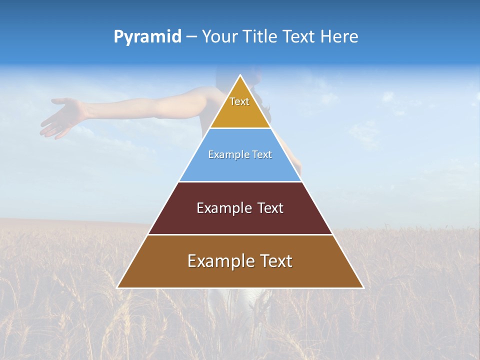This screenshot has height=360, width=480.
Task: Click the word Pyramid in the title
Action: (x=147, y=37)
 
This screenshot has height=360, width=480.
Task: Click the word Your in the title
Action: (x=218, y=37)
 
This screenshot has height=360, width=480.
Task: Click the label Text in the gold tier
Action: (x=239, y=101)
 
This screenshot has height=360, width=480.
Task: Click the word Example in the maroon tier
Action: (x=219, y=208)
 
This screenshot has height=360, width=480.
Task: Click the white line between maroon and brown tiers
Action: (x=240, y=234)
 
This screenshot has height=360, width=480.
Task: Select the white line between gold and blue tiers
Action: (x=240, y=128)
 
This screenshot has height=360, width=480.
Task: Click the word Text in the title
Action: (x=299, y=37)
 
